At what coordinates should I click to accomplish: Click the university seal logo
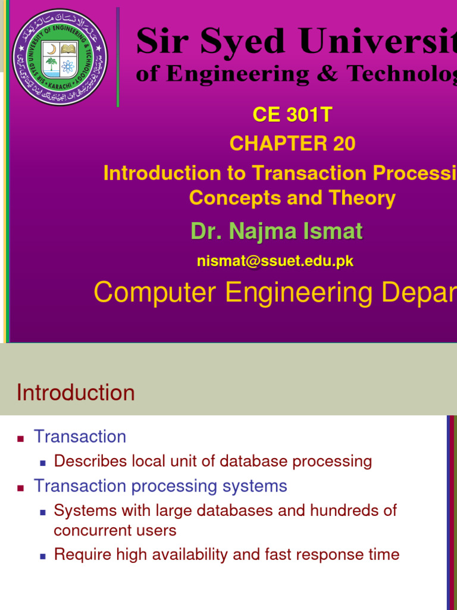(x=60, y=57)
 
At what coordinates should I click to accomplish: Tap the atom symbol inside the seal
(x=68, y=66)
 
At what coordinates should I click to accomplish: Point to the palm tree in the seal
(x=52, y=64)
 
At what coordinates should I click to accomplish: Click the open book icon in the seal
(x=68, y=48)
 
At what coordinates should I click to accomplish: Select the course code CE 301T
(x=292, y=114)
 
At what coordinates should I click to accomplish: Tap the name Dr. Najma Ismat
(x=277, y=231)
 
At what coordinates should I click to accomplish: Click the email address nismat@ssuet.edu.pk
(x=276, y=261)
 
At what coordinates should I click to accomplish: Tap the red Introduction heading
(x=76, y=393)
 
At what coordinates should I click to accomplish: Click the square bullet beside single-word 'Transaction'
(x=21, y=438)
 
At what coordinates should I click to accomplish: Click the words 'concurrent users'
(x=115, y=530)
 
